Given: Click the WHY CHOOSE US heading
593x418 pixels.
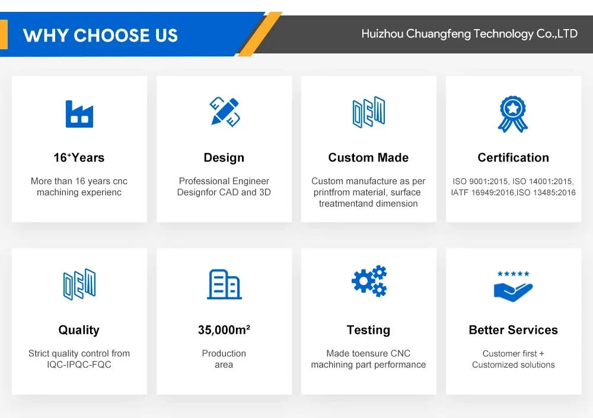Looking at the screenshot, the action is tap(100, 36).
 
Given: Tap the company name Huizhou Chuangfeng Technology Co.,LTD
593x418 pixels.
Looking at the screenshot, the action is tap(469, 34).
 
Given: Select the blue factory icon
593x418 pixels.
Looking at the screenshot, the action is tap(79, 114).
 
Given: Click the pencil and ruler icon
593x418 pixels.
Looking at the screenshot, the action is tap(225, 112).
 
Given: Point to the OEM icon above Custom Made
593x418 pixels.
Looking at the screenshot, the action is tap(369, 112).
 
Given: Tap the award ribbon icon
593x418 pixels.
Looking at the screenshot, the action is tap(513, 114).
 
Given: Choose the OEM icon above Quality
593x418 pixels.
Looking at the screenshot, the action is tap(79, 284).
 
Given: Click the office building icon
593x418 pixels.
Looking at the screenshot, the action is tap(224, 284).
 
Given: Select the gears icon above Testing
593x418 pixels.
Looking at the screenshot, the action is tap(369, 281).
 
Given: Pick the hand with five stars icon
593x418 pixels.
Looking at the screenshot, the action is tap(513, 287).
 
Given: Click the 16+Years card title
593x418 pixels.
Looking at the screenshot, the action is tap(79, 157).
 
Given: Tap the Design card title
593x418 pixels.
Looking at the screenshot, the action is tap(224, 158).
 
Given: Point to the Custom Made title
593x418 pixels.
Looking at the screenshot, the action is tap(368, 157).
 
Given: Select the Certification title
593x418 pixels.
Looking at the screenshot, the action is tap(513, 157).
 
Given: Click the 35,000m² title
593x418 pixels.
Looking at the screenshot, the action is tap(224, 330).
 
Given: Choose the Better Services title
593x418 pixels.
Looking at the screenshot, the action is tap(513, 330).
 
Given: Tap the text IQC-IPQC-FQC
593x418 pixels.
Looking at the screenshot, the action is tap(79, 365).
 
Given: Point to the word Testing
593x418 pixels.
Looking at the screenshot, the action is tap(368, 330).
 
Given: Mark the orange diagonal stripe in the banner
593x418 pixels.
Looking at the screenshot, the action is tap(260, 34).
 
